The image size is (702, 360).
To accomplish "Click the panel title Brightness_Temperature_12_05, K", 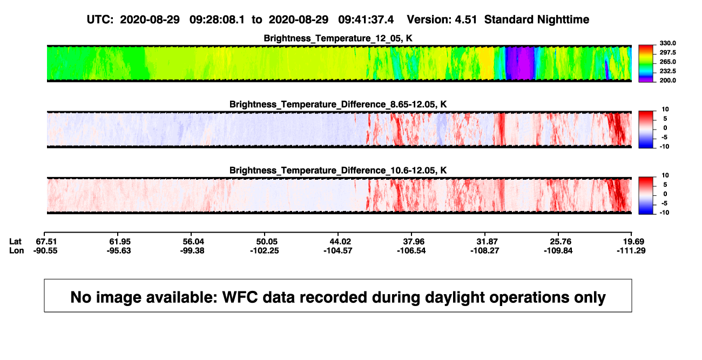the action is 338,38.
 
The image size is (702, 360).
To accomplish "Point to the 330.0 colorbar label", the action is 667,43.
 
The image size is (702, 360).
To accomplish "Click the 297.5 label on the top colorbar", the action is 667,52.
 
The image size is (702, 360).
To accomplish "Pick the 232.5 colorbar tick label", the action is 667,71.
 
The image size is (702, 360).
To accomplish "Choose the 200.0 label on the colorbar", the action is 667,80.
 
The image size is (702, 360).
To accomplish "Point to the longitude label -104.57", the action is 338,250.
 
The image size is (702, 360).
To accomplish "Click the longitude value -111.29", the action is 631,250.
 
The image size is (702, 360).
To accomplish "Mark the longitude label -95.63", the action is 118,250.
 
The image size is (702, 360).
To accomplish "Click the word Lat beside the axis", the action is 15,242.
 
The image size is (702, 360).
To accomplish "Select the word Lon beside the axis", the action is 17,250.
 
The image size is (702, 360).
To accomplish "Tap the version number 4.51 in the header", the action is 465,19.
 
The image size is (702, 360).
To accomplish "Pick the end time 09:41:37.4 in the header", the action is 366,19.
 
